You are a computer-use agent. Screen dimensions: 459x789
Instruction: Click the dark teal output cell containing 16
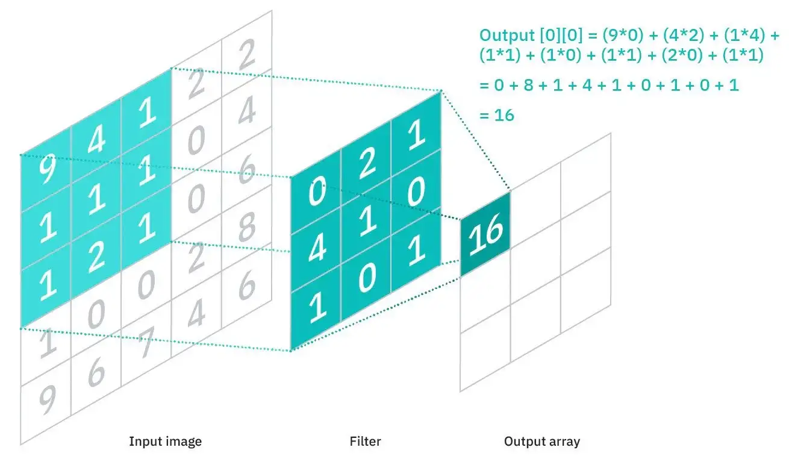tap(485, 234)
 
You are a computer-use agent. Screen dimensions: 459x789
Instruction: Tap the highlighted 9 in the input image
tap(46, 172)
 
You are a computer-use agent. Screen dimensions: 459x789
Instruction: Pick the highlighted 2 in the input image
tap(96, 257)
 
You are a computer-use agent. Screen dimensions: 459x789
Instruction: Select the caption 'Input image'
tap(165, 442)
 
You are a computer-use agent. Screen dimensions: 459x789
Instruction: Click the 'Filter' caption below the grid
tap(365, 442)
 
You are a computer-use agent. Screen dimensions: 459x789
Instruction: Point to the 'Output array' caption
tap(542, 442)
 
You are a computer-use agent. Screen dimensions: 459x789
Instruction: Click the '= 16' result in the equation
tap(497, 114)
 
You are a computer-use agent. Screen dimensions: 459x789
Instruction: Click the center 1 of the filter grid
tap(367, 223)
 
